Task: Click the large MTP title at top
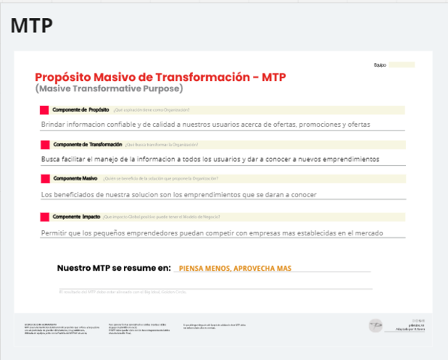[x=32, y=25]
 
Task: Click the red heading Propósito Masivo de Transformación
[x=160, y=77]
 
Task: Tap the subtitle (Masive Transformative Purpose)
[x=109, y=89]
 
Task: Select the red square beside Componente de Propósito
[x=45, y=110]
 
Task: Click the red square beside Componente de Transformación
[x=45, y=144]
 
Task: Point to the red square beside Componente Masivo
[x=45, y=178]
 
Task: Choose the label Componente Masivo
[x=75, y=178]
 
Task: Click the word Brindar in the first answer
[x=54, y=124]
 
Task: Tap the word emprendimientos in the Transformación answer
[x=344, y=159]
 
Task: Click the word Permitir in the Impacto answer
[x=55, y=233]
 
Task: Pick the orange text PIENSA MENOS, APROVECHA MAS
[x=235, y=268]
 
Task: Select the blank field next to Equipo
[x=401, y=65]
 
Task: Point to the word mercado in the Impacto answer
[x=368, y=233]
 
